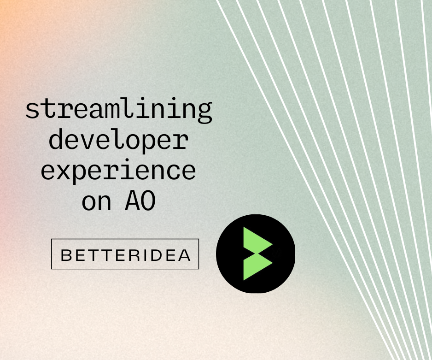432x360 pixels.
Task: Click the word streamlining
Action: pyautogui.click(x=118, y=110)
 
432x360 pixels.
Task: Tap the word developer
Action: pyautogui.click(x=118, y=140)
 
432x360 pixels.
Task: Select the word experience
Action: pyautogui.click(x=118, y=170)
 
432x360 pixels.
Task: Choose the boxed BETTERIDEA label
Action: pyautogui.click(x=125, y=254)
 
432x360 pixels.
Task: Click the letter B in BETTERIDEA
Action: pyautogui.click(x=66, y=255)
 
